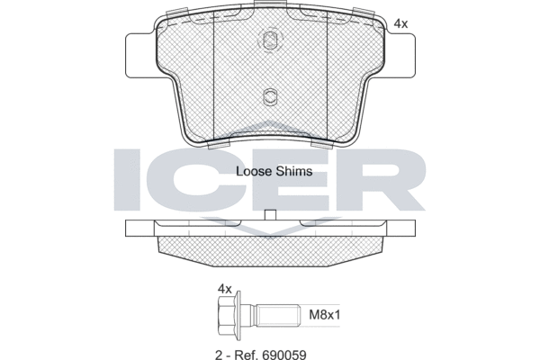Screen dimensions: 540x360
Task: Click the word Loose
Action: pyautogui.click(x=254, y=171)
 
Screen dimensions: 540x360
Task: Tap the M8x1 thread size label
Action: pyautogui.click(x=324, y=314)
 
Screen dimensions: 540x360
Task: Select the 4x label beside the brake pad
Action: pyautogui.click(x=400, y=23)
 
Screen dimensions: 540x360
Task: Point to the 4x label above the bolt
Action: pyautogui.click(x=225, y=289)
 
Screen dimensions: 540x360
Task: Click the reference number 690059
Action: pyautogui.click(x=284, y=355)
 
